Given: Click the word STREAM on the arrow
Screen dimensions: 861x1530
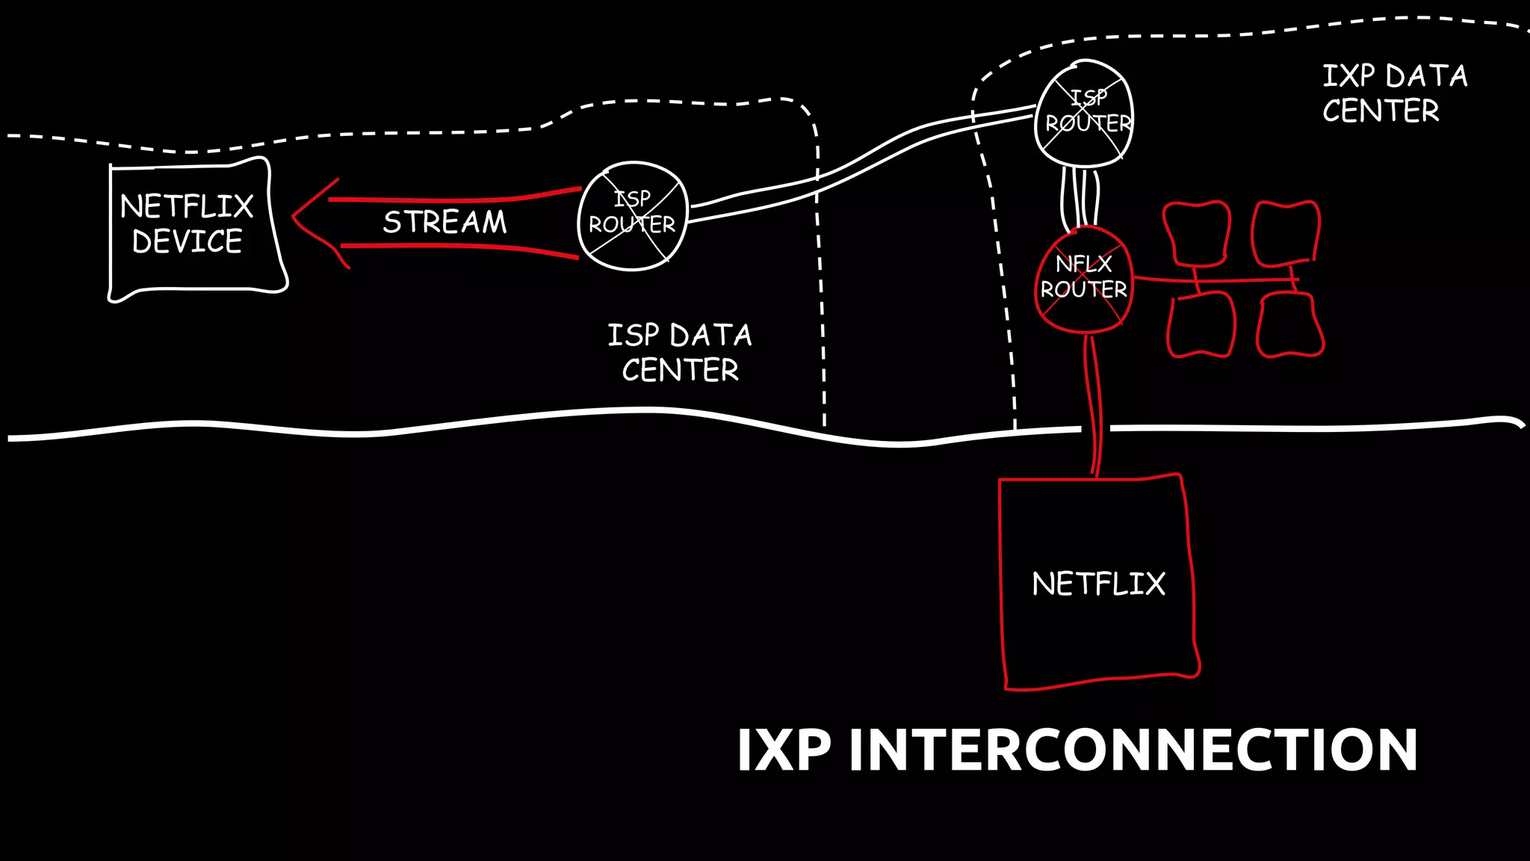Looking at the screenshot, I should click(x=445, y=222).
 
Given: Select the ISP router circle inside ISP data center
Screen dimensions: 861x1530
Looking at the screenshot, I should click(x=632, y=215).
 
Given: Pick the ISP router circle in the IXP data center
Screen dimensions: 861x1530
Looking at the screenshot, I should click(x=1084, y=113).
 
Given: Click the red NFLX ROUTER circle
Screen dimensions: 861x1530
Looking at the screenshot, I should click(x=1084, y=279).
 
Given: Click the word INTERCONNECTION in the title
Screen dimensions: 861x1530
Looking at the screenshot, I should click(x=1133, y=750).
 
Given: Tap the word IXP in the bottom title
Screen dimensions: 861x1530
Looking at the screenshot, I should click(x=784, y=750).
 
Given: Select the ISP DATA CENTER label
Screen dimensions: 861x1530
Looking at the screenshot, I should click(x=680, y=352).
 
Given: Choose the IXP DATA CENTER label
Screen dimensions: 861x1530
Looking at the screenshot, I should click(x=1394, y=93).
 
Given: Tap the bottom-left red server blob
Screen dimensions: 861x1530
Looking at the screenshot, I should click(x=1201, y=325).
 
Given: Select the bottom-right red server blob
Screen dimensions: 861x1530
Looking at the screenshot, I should click(x=1289, y=325).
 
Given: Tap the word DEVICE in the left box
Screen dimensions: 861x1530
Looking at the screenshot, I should click(x=187, y=241).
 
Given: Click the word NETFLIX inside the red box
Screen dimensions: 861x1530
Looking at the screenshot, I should click(x=1098, y=584).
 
